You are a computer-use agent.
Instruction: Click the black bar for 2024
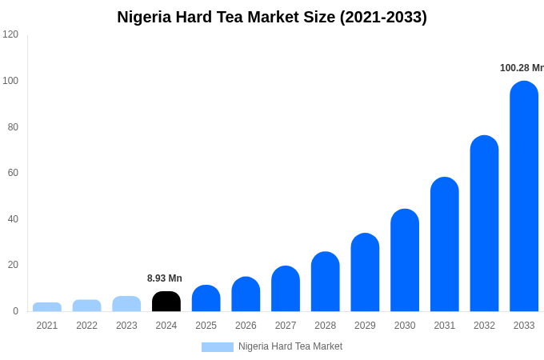coord(166,302)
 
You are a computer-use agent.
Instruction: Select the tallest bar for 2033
coord(524,196)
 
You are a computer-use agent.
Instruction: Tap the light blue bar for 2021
coord(47,307)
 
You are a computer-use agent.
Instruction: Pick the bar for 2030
coord(405,260)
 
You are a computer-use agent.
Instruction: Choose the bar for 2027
coord(286,289)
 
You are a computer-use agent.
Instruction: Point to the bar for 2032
coord(484,223)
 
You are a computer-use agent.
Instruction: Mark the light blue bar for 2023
coord(126,304)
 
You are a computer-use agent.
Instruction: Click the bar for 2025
coord(206,298)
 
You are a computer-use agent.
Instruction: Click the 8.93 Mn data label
coord(165,278)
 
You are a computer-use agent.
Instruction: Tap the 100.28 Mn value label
coord(522,68)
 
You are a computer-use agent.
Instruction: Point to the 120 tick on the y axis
coord(10,34)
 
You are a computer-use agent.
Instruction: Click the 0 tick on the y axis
coord(15,311)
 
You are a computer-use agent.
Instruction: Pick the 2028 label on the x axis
coord(326,326)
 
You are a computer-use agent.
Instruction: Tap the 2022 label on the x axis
coord(86,326)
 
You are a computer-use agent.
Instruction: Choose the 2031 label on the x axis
coord(445,326)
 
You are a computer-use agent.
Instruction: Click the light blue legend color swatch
coord(218,347)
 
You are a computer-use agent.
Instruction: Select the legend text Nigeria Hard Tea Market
coord(290,346)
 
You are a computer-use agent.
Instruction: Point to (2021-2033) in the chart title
coord(383,17)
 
